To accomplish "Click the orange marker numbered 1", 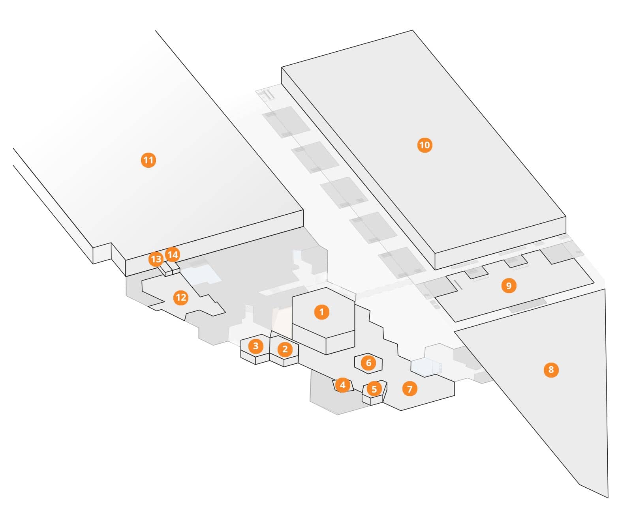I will pyautogui.click(x=321, y=312).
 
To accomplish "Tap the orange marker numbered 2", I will pyautogui.click(x=285, y=349).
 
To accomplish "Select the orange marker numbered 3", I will pyautogui.click(x=255, y=346).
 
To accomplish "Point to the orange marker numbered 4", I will pyautogui.click(x=342, y=385).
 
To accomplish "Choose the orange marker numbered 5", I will pyautogui.click(x=374, y=389).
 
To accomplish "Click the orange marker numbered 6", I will pyautogui.click(x=368, y=363).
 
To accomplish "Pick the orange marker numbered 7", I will pyautogui.click(x=409, y=389).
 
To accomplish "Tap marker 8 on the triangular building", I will pyautogui.click(x=551, y=370).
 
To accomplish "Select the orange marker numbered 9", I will pyautogui.click(x=509, y=285).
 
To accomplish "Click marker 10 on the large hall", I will pyautogui.click(x=425, y=145).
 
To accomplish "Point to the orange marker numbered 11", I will pyautogui.click(x=148, y=160).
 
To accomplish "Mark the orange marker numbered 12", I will pyautogui.click(x=181, y=297).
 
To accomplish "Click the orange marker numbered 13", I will pyautogui.click(x=156, y=259).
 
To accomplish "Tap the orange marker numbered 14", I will pyautogui.click(x=173, y=255).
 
